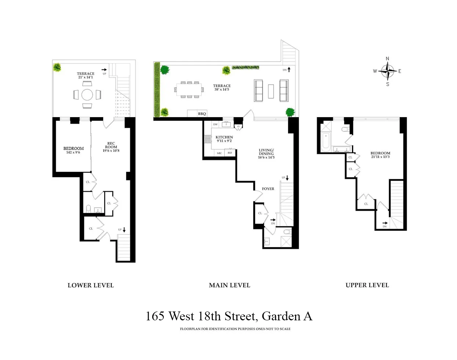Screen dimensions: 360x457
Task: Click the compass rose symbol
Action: point(388,71)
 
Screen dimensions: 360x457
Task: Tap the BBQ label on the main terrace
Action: point(202,114)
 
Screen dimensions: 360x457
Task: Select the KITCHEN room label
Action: point(224,137)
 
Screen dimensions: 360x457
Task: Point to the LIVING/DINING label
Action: point(266,152)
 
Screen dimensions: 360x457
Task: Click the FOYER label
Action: point(268,189)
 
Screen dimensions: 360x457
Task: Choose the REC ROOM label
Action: point(111,145)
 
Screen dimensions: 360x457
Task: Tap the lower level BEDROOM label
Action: point(73,149)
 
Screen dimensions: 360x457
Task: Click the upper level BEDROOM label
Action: point(380,153)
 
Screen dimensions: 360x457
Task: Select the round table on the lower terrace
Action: point(87,95)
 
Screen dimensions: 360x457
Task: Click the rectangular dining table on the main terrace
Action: point(189,89)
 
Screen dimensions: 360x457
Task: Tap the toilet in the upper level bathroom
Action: point(345,129)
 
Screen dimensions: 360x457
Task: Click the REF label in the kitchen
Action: point(230,153)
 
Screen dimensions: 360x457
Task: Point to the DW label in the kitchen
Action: point(215,125)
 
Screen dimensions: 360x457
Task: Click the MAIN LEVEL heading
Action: point(229,285)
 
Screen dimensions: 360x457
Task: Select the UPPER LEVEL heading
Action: point(367,285)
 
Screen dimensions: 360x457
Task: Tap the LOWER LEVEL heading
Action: point(91,285)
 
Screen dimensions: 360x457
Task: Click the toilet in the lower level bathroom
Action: point(88,209)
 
